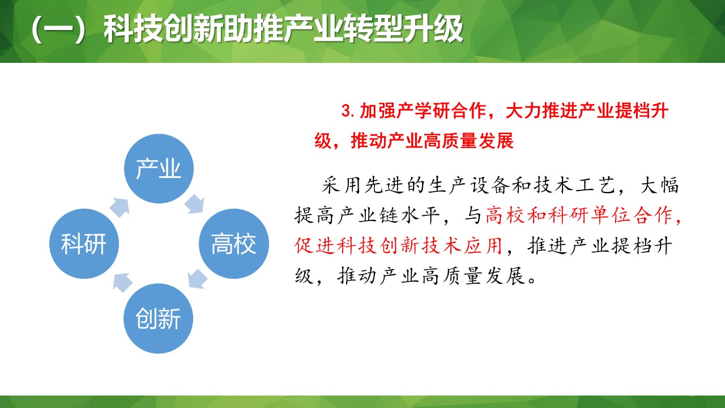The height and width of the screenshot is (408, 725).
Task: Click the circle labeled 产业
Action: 159,169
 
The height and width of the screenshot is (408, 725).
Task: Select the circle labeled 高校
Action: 233,244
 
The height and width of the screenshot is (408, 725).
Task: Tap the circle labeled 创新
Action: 159,319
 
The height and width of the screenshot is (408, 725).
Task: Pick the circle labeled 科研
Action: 84,244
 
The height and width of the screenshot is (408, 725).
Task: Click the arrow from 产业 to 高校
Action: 194,204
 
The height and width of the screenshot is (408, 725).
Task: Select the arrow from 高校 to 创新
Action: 196,279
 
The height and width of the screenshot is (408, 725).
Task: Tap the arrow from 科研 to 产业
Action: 120,207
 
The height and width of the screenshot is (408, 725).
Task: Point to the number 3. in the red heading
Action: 349,111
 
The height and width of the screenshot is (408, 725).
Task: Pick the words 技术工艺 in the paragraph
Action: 575,186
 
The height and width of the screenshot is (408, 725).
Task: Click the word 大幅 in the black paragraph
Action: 659,186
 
